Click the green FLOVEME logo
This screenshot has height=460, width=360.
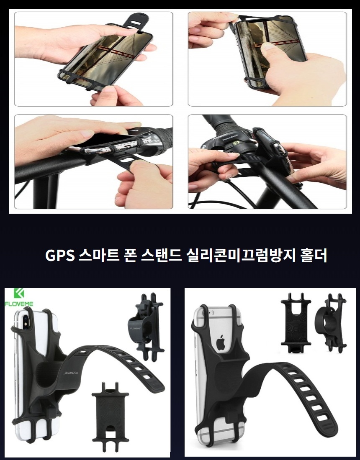tap(19, 297)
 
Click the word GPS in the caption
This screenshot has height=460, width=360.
tap(59, 256)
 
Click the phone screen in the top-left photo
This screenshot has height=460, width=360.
tap(106, 56)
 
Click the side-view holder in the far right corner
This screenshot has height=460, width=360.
tap(331, 323)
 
